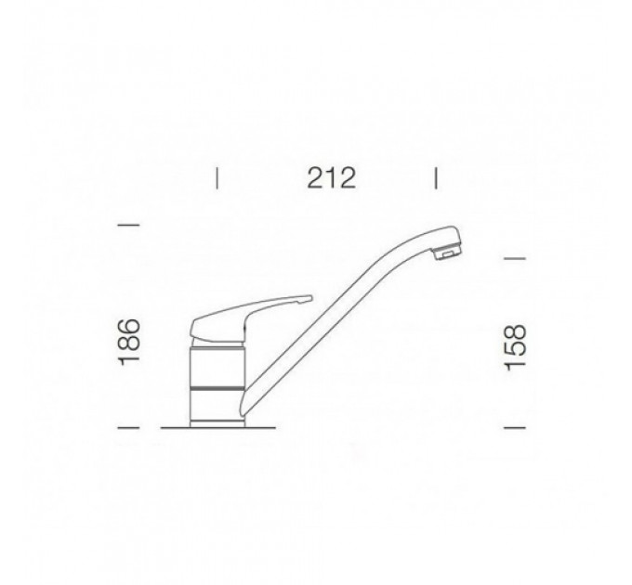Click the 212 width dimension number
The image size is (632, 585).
pos(331,178)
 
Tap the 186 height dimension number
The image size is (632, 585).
pos(130,343)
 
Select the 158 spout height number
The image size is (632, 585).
pos(516,347)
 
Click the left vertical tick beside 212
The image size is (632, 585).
pos(217,178)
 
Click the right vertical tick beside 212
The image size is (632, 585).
pos(436,178)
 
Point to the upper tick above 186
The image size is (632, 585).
pos(128,225)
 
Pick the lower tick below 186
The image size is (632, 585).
pos(128,427)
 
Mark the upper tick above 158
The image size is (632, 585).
pos(515,258)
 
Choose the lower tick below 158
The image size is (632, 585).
pos(515,427)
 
